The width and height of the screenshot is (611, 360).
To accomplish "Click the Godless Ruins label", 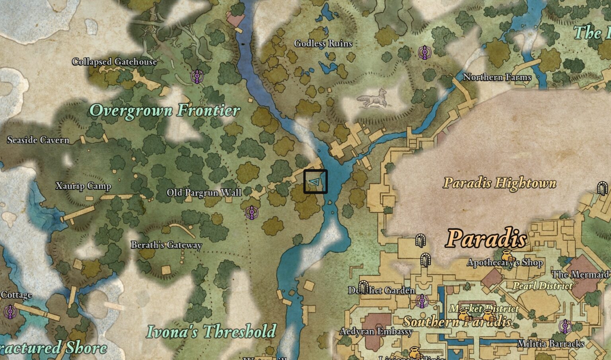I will [323, 43].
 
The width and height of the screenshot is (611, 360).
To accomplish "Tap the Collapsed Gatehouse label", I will [114, 62].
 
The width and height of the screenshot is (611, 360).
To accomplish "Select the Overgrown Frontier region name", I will [164, 110].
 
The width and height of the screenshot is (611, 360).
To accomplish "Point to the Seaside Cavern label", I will [38, 140].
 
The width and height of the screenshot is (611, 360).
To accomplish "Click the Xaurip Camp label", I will [83, 186].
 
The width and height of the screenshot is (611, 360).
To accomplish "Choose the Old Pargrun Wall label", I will [204, 193].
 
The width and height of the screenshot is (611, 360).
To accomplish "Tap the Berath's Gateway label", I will [166, 245].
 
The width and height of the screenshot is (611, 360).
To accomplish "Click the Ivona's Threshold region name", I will [211, 331].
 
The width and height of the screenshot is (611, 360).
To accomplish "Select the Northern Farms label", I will [497, 77].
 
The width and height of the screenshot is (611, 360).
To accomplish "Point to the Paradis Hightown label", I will [500, 183].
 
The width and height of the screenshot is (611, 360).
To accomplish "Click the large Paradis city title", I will [486, 239].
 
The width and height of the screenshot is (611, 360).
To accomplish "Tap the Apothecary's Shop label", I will [505, 263].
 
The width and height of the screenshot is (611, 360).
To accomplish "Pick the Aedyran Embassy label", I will [376, 331].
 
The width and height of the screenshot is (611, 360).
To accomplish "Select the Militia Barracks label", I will [551, 344].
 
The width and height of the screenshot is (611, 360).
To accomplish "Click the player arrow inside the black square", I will [315, 182].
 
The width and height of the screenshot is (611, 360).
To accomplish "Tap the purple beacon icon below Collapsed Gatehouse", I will [196, 76].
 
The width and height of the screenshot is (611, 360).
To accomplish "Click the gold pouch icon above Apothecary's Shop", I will [506, 254].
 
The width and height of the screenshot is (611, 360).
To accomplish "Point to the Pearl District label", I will [543, 286].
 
